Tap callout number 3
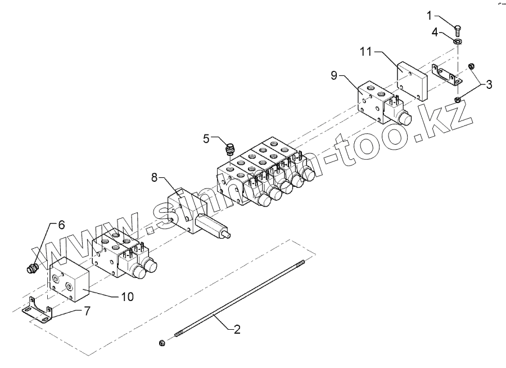(489, 85)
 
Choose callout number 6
(61, 225)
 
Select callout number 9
(334, 75)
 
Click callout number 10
(128, 297)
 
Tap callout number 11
(367, 52)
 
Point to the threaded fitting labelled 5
(229, 149)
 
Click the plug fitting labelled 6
(33, 268)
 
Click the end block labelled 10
(69, 280)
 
